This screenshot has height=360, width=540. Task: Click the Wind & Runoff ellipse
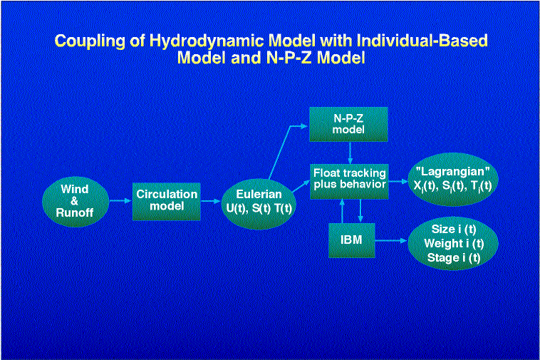pos(76,202)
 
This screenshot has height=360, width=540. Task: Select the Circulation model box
pos(166,202)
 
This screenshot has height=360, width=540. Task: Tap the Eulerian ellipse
pos(259,204)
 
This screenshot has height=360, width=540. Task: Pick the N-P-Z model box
pos(348,124)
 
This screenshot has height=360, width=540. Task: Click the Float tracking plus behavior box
pos(349,182)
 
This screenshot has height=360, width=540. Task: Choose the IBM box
pos(352,240)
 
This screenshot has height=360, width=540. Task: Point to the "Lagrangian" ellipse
pos(453,180)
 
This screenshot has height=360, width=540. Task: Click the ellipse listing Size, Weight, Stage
pos(453,244)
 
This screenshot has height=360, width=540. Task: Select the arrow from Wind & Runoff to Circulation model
pos(120,201)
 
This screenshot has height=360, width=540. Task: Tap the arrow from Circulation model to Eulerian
pos(210,201)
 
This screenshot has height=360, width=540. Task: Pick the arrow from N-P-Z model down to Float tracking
pos(351,153)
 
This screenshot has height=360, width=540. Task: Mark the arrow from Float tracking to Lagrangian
pos(398,182)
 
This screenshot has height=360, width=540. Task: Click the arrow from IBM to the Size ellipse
pos(391,241)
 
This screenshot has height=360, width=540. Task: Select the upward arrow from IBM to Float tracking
pos(342,211)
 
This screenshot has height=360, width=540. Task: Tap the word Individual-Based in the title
pos(422,41)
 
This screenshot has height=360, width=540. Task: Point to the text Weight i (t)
pos(454,244)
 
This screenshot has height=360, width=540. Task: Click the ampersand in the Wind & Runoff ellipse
pos(74,201)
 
